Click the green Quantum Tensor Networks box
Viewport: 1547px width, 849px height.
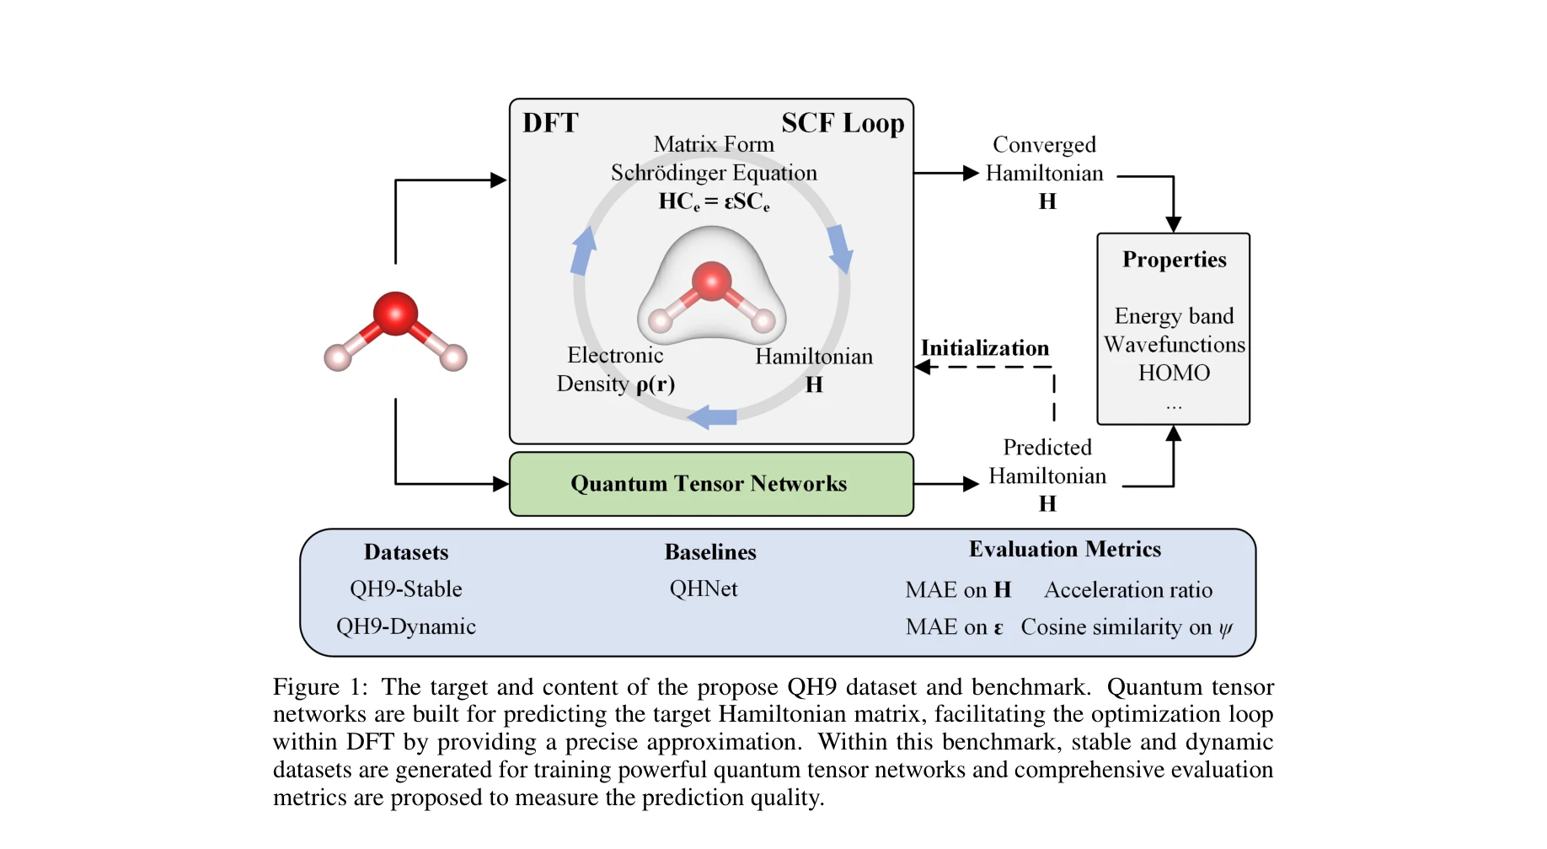click(710, 484)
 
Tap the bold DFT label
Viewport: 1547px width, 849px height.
click(550, 123)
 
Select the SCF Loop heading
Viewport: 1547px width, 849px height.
click(842, 123)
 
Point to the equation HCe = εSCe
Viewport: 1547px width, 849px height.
click(714, 202)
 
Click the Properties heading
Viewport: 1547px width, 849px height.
click(1174, 260)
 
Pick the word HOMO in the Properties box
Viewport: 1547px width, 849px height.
click(1174, 373)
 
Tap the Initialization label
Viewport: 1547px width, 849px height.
click(984, 348)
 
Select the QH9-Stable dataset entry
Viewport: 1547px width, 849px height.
click(405, 588)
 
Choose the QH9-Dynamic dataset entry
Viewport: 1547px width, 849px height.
click(405, 626)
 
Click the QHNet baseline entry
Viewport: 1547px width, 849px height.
click(703, 588)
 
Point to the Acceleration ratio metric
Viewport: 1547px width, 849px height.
click(1127, 590)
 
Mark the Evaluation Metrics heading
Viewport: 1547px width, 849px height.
click(1064, 550)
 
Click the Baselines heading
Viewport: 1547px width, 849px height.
click(709, 552)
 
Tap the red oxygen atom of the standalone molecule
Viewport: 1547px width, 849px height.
click(395, 313)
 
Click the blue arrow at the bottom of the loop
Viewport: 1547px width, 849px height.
click(712, 416)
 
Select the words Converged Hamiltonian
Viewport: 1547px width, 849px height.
click(1044, 159)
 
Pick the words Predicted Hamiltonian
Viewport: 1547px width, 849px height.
click(1046, 462)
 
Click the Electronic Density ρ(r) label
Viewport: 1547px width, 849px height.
click(615, 369)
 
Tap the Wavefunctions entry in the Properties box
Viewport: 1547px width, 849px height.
click(1174, 345)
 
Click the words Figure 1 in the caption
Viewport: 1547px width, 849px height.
click(319, 687)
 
